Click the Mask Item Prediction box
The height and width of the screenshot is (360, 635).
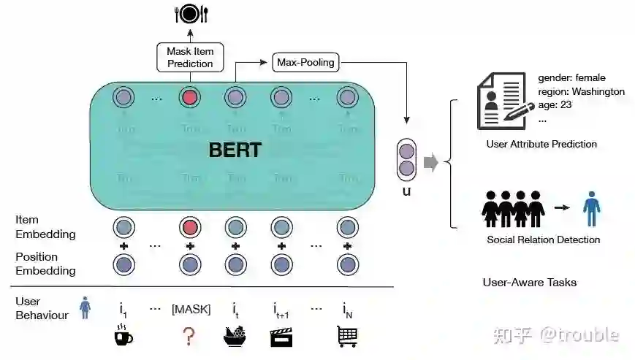point(190,57)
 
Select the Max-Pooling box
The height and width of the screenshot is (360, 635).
point(305,62)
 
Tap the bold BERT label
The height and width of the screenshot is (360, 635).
point(235,150)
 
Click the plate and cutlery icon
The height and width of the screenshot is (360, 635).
point(190,12)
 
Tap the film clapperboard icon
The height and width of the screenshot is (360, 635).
point(281,336)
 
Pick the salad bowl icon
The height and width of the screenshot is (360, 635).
point(235,335)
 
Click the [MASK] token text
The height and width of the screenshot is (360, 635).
point(191,309)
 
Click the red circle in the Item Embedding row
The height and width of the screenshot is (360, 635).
point(190,227)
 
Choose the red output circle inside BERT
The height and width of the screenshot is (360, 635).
point(190,96)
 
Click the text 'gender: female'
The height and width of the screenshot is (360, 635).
point(571,77)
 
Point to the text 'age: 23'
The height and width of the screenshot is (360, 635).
point(555,104)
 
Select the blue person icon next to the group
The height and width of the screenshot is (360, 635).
point(591,208)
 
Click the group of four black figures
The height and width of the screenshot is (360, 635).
point(513,209)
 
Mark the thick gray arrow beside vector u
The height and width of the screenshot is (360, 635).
point(431,162)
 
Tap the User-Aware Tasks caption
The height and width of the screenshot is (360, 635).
point(530,282)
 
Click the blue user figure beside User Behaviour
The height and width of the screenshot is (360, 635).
point(85,307)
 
